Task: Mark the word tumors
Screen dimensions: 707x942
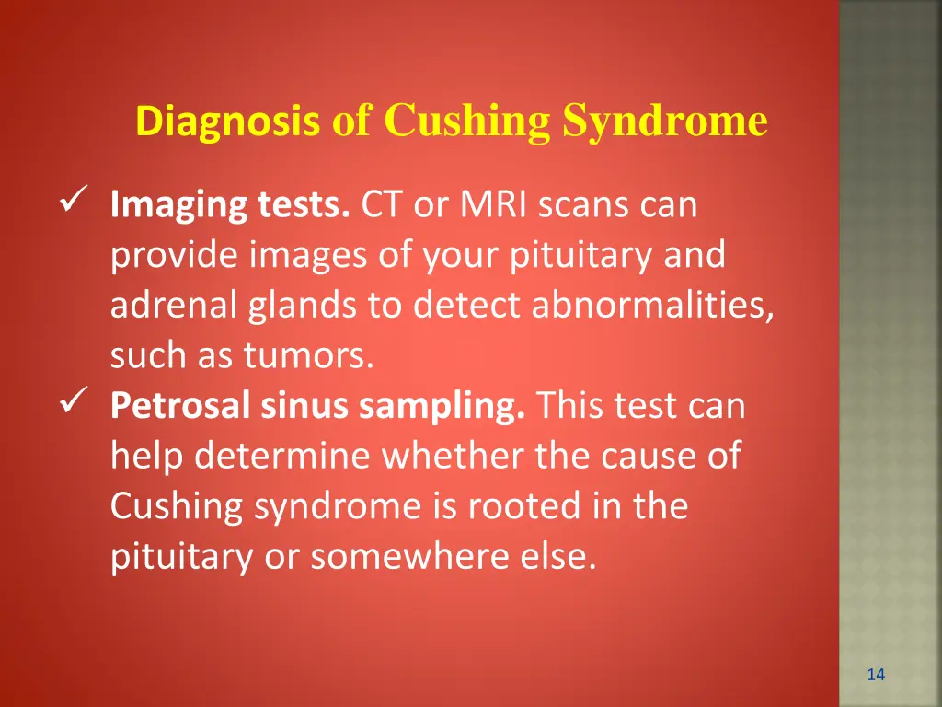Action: pos(308,356)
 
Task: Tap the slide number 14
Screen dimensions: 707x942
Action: pos(876,675)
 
